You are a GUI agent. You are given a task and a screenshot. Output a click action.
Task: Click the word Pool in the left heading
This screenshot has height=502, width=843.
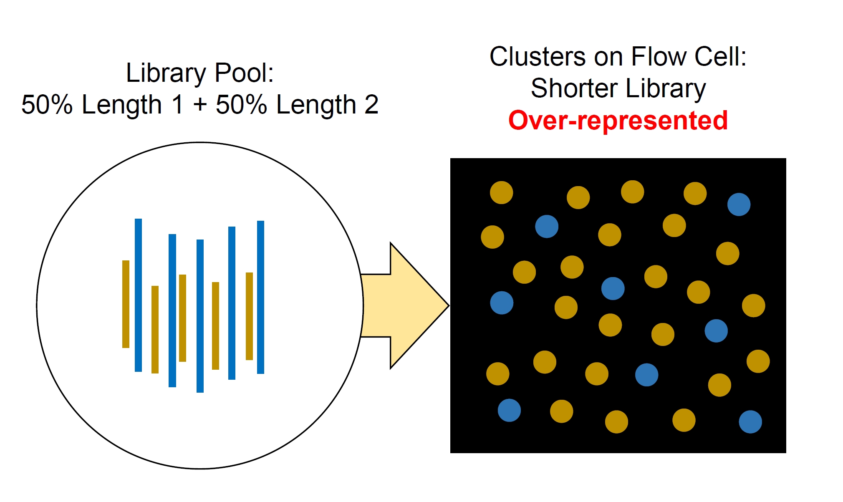tap(244, 73)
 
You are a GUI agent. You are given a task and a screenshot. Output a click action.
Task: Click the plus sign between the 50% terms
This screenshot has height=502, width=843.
tap(200, 104)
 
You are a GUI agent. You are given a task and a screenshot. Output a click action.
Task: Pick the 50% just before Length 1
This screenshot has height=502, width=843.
tap(47, 104)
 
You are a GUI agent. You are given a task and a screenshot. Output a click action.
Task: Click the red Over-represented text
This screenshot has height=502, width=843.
tap(618, 121)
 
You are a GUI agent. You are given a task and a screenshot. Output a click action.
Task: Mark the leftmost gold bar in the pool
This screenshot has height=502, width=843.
tap(126, 304)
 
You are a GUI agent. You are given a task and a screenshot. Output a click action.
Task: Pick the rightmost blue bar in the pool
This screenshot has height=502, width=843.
tap(260, 297)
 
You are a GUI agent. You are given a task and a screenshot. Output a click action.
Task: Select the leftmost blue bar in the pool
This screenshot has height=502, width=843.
tap(138, 295)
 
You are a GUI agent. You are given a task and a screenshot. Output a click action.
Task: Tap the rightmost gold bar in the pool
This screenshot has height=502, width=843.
tap(249, 316)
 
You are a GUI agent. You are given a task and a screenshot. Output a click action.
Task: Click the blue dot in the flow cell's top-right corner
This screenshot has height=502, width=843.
tap(739, 204)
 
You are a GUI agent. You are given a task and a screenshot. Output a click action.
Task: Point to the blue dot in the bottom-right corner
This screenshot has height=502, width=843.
tap(750, 422)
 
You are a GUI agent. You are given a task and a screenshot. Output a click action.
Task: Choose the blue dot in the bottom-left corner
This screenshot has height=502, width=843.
tap(509, 410)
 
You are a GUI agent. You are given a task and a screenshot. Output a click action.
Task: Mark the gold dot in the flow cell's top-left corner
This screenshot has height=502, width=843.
tap(501, 192)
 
